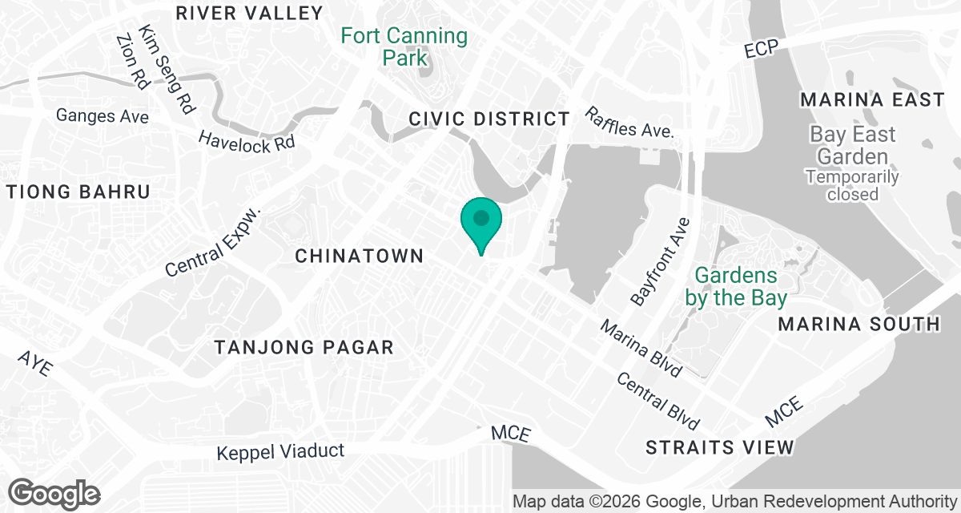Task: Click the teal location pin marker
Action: click(480, 221)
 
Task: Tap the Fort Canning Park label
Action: click(404, 46)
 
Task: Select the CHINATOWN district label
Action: click(359, 256)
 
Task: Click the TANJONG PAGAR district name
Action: click(304, 347)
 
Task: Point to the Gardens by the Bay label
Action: click(736, 286)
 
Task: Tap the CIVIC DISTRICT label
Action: click(489, 119)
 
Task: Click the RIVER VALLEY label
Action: click(249, 13)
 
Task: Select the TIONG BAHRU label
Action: click(78, 192)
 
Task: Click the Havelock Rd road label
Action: click(247, 140)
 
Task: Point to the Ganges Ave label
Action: click(103, 116)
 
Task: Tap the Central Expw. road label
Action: click(214, 242)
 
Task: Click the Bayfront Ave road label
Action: click(660, 261)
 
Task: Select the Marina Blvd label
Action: click(641, 349)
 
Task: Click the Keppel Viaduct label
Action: click(280, 452)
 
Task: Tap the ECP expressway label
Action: click(761, 50)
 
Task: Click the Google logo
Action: click(54, 494)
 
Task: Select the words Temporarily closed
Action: click(852, 185)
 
